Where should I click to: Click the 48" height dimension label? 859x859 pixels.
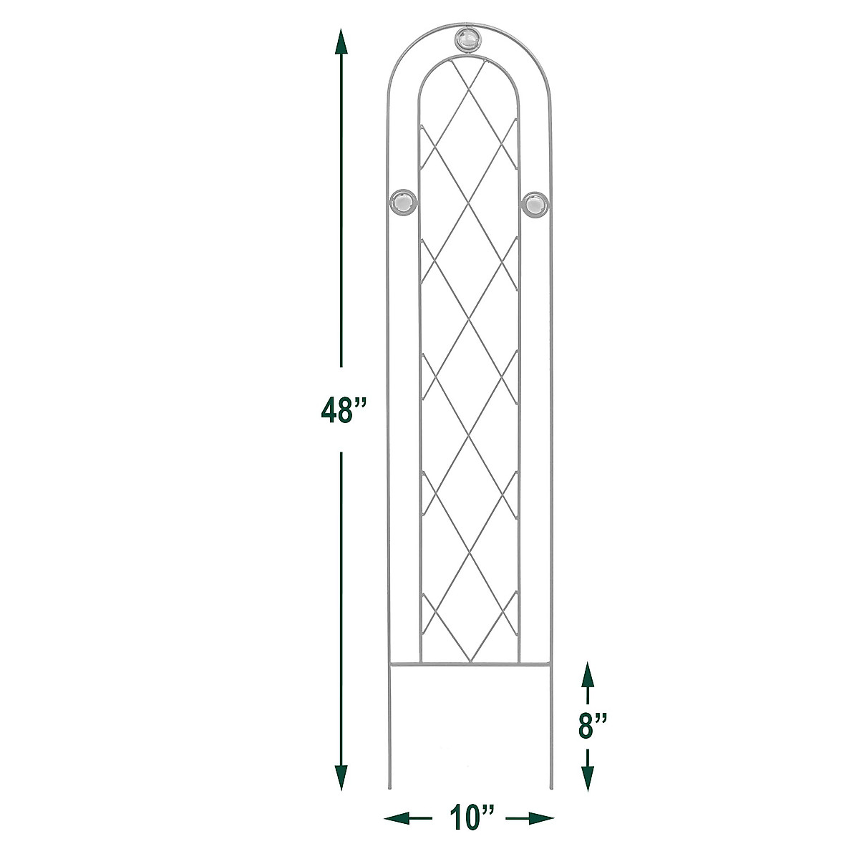[344, 409]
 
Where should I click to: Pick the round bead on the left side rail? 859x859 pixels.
[404, 204]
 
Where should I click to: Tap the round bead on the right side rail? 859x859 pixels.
[535, 205]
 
